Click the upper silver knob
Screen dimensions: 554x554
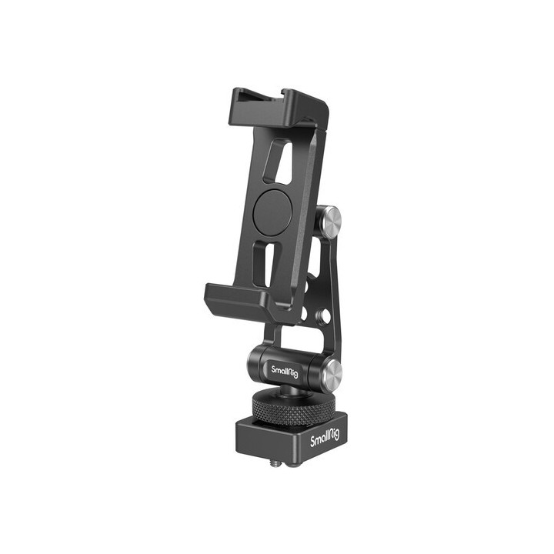pyautogui.click(x=330, y=222)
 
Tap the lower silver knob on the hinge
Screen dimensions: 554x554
pyautogui.click(x=331, y=375)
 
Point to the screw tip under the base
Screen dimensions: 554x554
pyautogui.click(x=275, y=465)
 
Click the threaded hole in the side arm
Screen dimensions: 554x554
pyautogui.click(x=326, y=315)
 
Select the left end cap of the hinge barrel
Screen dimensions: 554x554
pyautogui.click(x=257, y=359)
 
